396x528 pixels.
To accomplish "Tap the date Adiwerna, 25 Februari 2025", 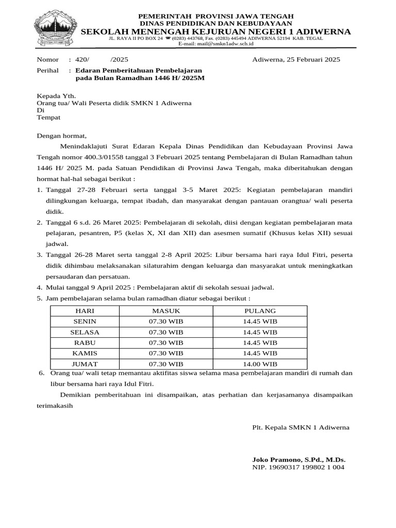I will (296, 60).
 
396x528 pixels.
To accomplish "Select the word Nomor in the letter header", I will (47, 60).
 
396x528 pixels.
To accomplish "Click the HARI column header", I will (85, 311).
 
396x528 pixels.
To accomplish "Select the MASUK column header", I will (166, 311).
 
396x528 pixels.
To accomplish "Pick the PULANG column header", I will (260, 311).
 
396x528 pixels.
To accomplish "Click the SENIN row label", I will (85, 322).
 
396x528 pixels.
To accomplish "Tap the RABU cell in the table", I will (85, 343).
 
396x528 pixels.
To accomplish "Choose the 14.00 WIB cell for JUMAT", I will (260, 364).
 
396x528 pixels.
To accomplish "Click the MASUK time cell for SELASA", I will (166, 332).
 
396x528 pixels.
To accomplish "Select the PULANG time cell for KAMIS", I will (260, 353).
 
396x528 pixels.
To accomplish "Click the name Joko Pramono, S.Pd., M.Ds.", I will (299, 459).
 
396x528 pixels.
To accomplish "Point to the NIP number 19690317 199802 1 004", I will (298, 467).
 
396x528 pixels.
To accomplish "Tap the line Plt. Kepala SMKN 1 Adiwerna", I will (301, 427).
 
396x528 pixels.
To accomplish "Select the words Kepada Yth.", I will (56, 96).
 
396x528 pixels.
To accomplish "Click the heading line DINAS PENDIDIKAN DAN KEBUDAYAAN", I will (216, 23).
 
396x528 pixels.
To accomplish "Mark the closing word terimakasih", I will (55, 405).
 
